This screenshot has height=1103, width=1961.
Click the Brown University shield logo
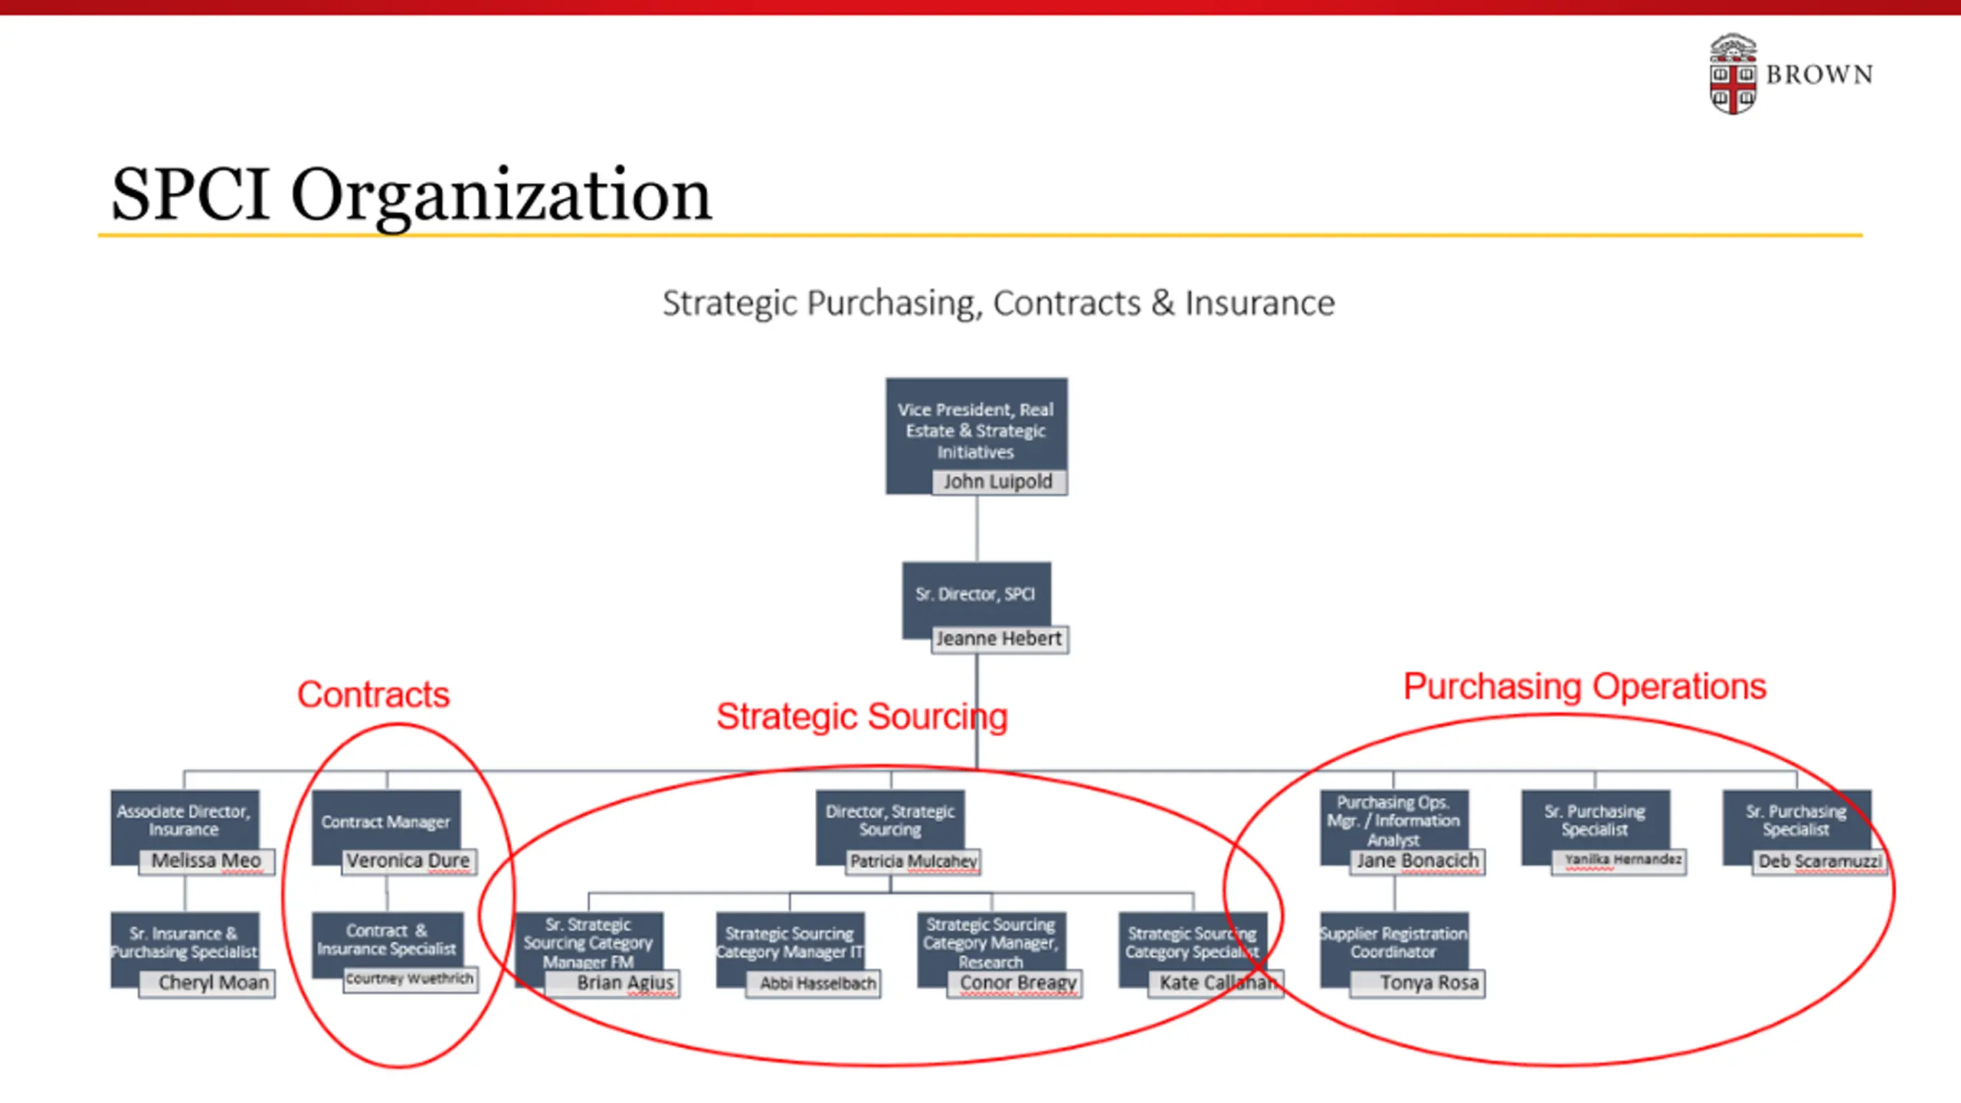click(1733, 74)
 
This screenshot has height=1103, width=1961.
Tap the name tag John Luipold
click(998, 482)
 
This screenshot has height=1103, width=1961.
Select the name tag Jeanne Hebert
click(999, 639)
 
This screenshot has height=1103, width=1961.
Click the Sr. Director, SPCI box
click(975, 594)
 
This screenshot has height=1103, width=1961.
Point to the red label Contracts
click(373, 695)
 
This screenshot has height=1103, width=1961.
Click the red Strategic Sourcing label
click(862, 717)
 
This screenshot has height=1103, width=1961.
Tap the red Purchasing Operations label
click(1584, 687)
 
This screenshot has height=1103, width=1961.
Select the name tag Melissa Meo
click(206, 861)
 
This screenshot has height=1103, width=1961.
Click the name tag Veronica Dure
click(408, 861)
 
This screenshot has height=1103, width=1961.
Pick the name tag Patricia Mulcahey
click(913, 862)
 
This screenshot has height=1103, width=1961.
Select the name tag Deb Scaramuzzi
click(1819, 862)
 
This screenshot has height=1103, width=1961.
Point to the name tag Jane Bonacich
click(1417, 861)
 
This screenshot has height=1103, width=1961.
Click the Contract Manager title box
click(385, 822)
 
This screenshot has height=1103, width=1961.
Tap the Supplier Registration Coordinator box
click(1393, 943)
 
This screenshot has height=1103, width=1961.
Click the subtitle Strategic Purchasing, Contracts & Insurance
click(998, 303)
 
